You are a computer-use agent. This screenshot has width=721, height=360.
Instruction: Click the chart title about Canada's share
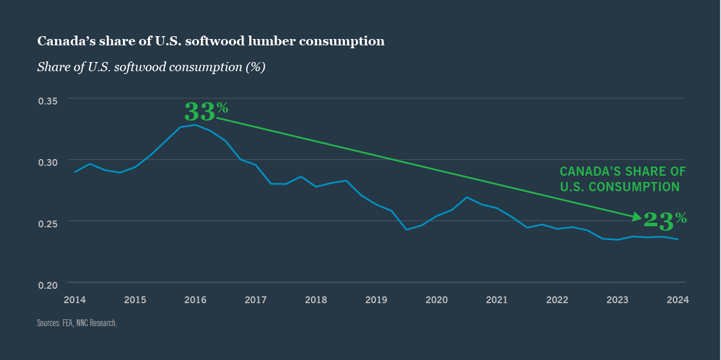click(x=211, y=41)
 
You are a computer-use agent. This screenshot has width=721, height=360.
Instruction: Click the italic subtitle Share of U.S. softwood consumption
click(x=151, y=67)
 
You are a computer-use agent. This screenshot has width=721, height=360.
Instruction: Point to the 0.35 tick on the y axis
click(x=48, y=101)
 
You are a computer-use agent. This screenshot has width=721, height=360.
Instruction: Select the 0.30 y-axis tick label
click(x=48, y=162)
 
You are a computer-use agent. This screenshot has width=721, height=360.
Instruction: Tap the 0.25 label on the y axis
click(x=48, y=224)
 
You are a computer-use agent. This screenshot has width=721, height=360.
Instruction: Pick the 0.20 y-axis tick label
click(x=48, y=285)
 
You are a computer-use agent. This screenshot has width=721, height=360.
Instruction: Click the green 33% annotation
click(x=206, y=111)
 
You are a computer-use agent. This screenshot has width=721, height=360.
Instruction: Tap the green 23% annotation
click(x=665, y=220)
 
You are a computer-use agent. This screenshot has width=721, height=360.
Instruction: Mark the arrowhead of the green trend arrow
click(x=637, y=217)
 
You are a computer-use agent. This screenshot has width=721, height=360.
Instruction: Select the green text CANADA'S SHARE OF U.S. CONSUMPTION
click(x=622, y=179)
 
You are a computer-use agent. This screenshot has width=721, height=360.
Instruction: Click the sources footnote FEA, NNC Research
click(x=77, y=323)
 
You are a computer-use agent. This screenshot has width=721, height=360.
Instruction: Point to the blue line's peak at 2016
click(x=195, y=125)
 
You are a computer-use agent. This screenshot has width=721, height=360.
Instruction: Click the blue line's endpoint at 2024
click(x=678, y=239)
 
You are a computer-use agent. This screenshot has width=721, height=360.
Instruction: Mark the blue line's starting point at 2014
click(x=75, y=172)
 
